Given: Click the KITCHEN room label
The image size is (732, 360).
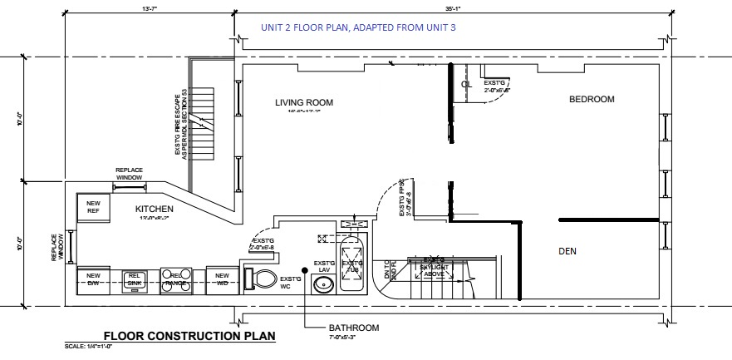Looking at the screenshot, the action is (x=154, y=209).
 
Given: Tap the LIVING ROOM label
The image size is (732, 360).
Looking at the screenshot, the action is (x=304, y=103).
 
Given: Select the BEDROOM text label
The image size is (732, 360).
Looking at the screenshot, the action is (x=592, y=100).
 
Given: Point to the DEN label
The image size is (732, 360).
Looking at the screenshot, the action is (x=567, y=250).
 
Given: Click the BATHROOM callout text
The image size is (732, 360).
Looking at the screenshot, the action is (x=353, y=328).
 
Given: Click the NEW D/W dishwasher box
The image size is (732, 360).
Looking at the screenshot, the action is (x=93, y=279).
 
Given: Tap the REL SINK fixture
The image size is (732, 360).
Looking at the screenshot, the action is (x=135, y=279).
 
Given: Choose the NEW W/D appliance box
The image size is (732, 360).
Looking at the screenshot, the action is (x=221, y=279).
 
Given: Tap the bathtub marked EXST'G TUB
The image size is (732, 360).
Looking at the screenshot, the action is (x=352, y=263).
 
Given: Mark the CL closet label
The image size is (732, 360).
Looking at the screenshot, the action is (x=467, y=84).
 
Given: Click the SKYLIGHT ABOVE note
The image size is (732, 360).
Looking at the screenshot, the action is (x=434, y=268).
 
